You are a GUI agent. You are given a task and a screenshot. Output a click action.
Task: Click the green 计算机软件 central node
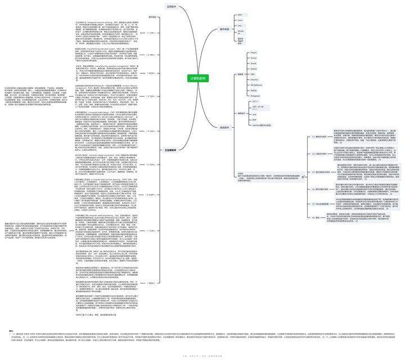pyautogui.click(x=198, y=79)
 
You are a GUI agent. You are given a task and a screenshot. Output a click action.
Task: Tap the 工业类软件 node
pyautogui.click(x=170, y=151)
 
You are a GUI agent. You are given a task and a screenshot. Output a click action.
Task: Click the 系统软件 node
pyautogui.click(x=224, y=128)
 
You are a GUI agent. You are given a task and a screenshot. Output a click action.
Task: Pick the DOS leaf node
pyautogui.click(x=240, y=14)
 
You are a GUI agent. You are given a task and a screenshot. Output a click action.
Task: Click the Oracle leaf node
pyautogui.click(x=254, y=63)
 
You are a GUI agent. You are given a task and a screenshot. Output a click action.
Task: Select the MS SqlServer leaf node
pyautogui.click(x=257, y=85)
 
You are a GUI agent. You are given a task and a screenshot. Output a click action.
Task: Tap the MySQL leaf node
pyautogui.click(x=254, y=91)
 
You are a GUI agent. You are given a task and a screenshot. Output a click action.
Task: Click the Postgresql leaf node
pyautogui.click(x=255, y=96)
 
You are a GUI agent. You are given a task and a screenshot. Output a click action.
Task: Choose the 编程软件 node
pyautogui.click(x=241, y=113)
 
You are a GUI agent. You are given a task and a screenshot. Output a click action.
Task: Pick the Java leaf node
pyautogui.click(x=254, y=114)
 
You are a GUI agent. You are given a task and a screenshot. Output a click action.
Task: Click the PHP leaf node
pyautogui.click(x=254, y=119)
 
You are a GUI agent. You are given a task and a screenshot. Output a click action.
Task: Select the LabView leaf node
pyautogui.click(x=262, y=125)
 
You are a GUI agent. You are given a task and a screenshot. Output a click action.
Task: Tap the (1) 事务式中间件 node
pyautogui.click(x=319, y=137)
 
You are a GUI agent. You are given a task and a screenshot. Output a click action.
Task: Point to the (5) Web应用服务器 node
pyautogui.click(x=321, y=203)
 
